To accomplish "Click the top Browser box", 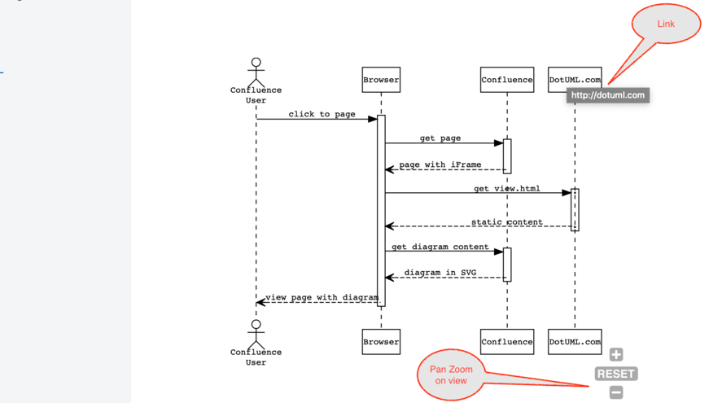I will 381,80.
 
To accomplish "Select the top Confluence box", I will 507,80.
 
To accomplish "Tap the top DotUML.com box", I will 575,80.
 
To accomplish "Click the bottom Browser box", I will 381,342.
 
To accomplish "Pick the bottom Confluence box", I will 507,342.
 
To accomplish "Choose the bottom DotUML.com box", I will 575,342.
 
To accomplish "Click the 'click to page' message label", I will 322,114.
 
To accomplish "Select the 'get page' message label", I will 440,138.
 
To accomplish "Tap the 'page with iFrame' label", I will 440,164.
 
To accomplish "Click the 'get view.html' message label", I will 506,189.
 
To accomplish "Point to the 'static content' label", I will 506,221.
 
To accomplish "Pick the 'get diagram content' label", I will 440,247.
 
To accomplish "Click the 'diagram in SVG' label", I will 440,273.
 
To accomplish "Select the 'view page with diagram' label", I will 322,297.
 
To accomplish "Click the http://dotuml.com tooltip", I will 607,95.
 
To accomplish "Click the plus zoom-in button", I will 616,355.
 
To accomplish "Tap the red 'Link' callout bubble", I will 666,24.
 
